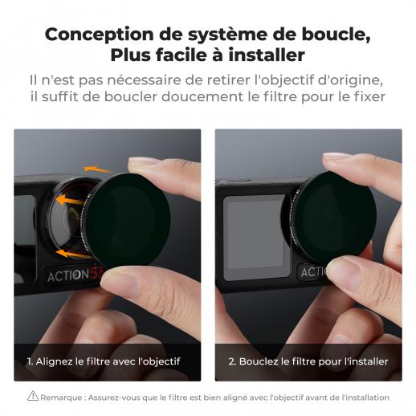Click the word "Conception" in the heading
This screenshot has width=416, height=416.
(99, 35)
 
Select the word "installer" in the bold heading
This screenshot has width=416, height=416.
(267, 55)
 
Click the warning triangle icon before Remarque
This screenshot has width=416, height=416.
(33, 396)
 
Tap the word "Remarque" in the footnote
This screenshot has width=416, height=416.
(61, 398)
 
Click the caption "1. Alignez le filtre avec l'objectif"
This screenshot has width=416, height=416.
(104, 361)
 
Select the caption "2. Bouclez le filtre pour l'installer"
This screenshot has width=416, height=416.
(308, 361)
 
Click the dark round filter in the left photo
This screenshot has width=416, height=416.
(128, 219)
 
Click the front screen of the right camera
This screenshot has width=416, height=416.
(255, 237)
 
